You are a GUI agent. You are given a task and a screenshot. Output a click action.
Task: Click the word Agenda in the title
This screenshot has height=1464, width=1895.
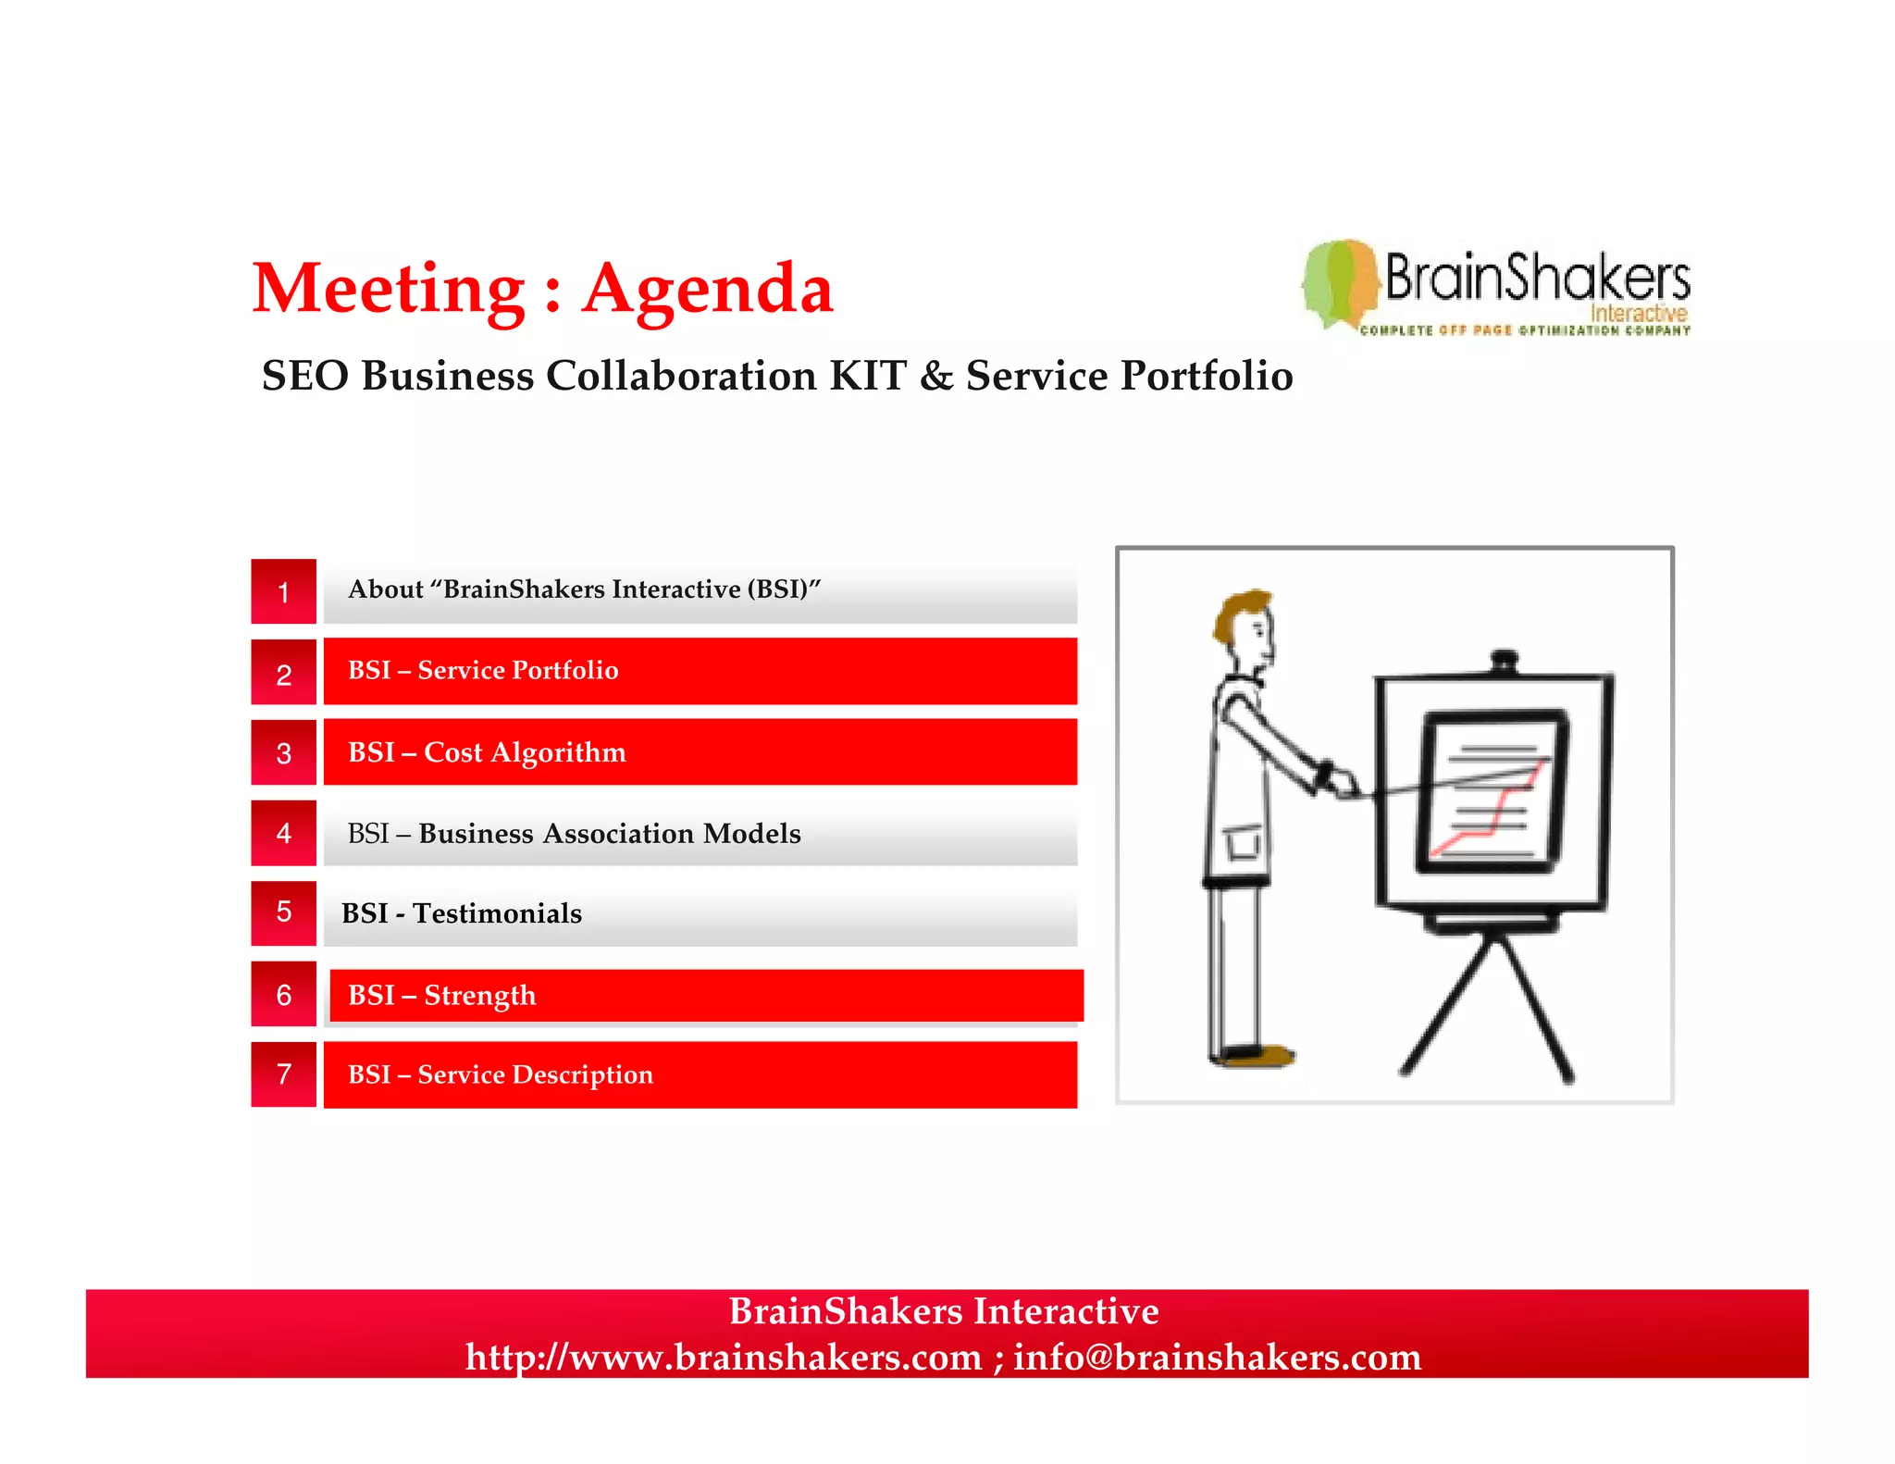708,289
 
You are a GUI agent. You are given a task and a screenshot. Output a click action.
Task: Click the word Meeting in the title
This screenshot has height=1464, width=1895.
389,289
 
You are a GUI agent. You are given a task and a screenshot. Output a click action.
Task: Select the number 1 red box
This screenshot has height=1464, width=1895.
283,591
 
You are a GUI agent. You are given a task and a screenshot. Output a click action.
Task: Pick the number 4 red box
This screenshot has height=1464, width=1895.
283,833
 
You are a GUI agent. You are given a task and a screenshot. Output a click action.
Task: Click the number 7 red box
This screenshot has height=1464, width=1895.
283,1074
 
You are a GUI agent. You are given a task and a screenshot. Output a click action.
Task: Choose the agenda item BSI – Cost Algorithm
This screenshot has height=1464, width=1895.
487,752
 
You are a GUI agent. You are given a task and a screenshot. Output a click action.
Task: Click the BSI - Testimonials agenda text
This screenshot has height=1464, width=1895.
462,913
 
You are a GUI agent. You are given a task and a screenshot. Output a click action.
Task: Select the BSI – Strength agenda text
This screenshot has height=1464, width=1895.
441,995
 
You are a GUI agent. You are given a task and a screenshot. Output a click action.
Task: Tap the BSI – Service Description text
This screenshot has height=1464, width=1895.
500,1074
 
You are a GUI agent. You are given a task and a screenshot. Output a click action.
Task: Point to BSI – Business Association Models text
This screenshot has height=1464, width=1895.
574,833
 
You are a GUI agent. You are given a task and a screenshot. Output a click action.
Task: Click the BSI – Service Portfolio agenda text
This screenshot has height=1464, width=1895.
483,670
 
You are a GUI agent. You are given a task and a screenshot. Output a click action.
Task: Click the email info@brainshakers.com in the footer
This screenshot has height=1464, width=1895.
1217,1357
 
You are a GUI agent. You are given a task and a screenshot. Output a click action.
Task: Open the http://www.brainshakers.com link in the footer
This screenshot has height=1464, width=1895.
723,1357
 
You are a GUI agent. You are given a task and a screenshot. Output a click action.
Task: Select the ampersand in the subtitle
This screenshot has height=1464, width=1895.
936,376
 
